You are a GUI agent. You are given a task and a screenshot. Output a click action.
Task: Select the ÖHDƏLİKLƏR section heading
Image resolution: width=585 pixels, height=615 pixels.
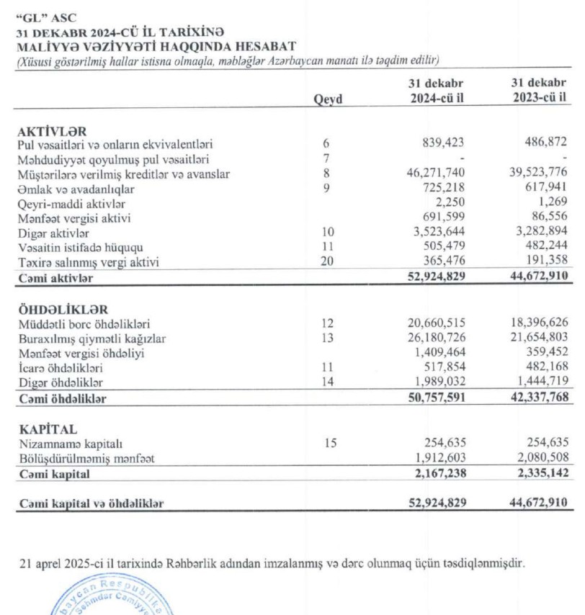point(63,310)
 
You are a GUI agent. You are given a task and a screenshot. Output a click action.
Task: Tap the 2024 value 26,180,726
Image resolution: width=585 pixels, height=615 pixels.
point(435,338)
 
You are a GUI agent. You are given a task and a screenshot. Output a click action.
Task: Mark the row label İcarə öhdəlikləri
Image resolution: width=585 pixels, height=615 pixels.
point(61,367)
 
